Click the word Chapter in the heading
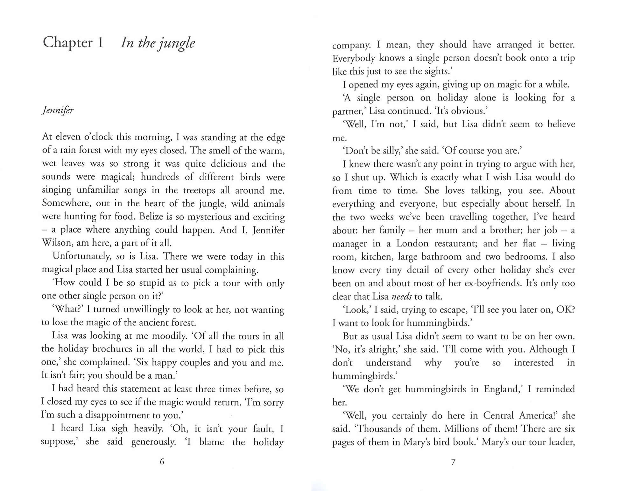[67, 43]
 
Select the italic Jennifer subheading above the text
[58, 110]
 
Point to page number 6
[162, 461]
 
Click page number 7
[453, 461]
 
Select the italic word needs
[401, 297]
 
